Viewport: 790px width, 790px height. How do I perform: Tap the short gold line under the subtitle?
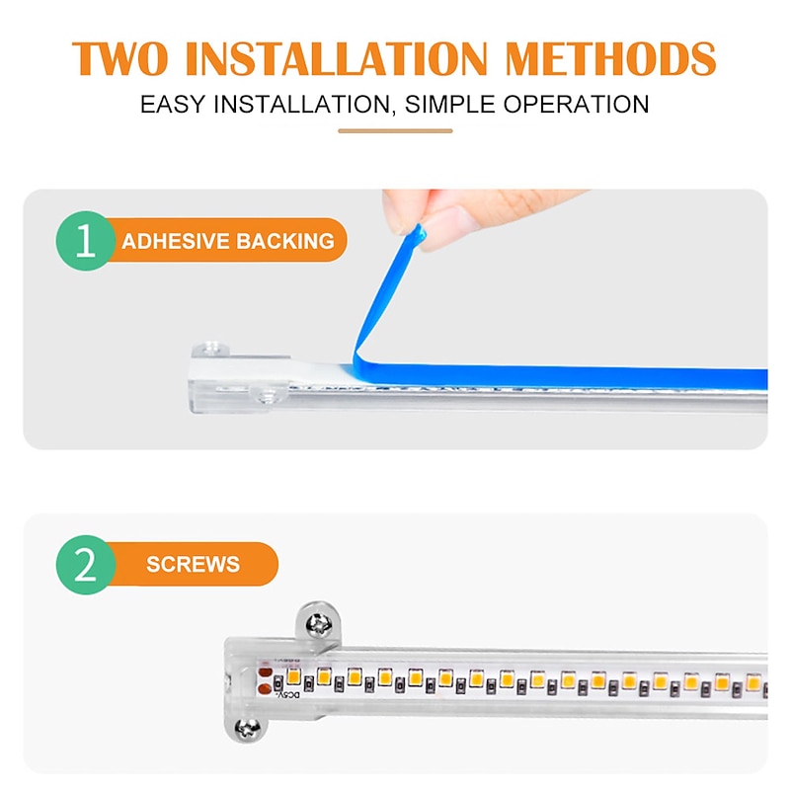(395, 130)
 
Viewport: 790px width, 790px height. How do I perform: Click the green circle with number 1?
(85, 241)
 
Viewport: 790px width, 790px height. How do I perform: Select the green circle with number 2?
(85, 566)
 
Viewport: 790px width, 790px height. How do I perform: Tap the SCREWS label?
(193, 566)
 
